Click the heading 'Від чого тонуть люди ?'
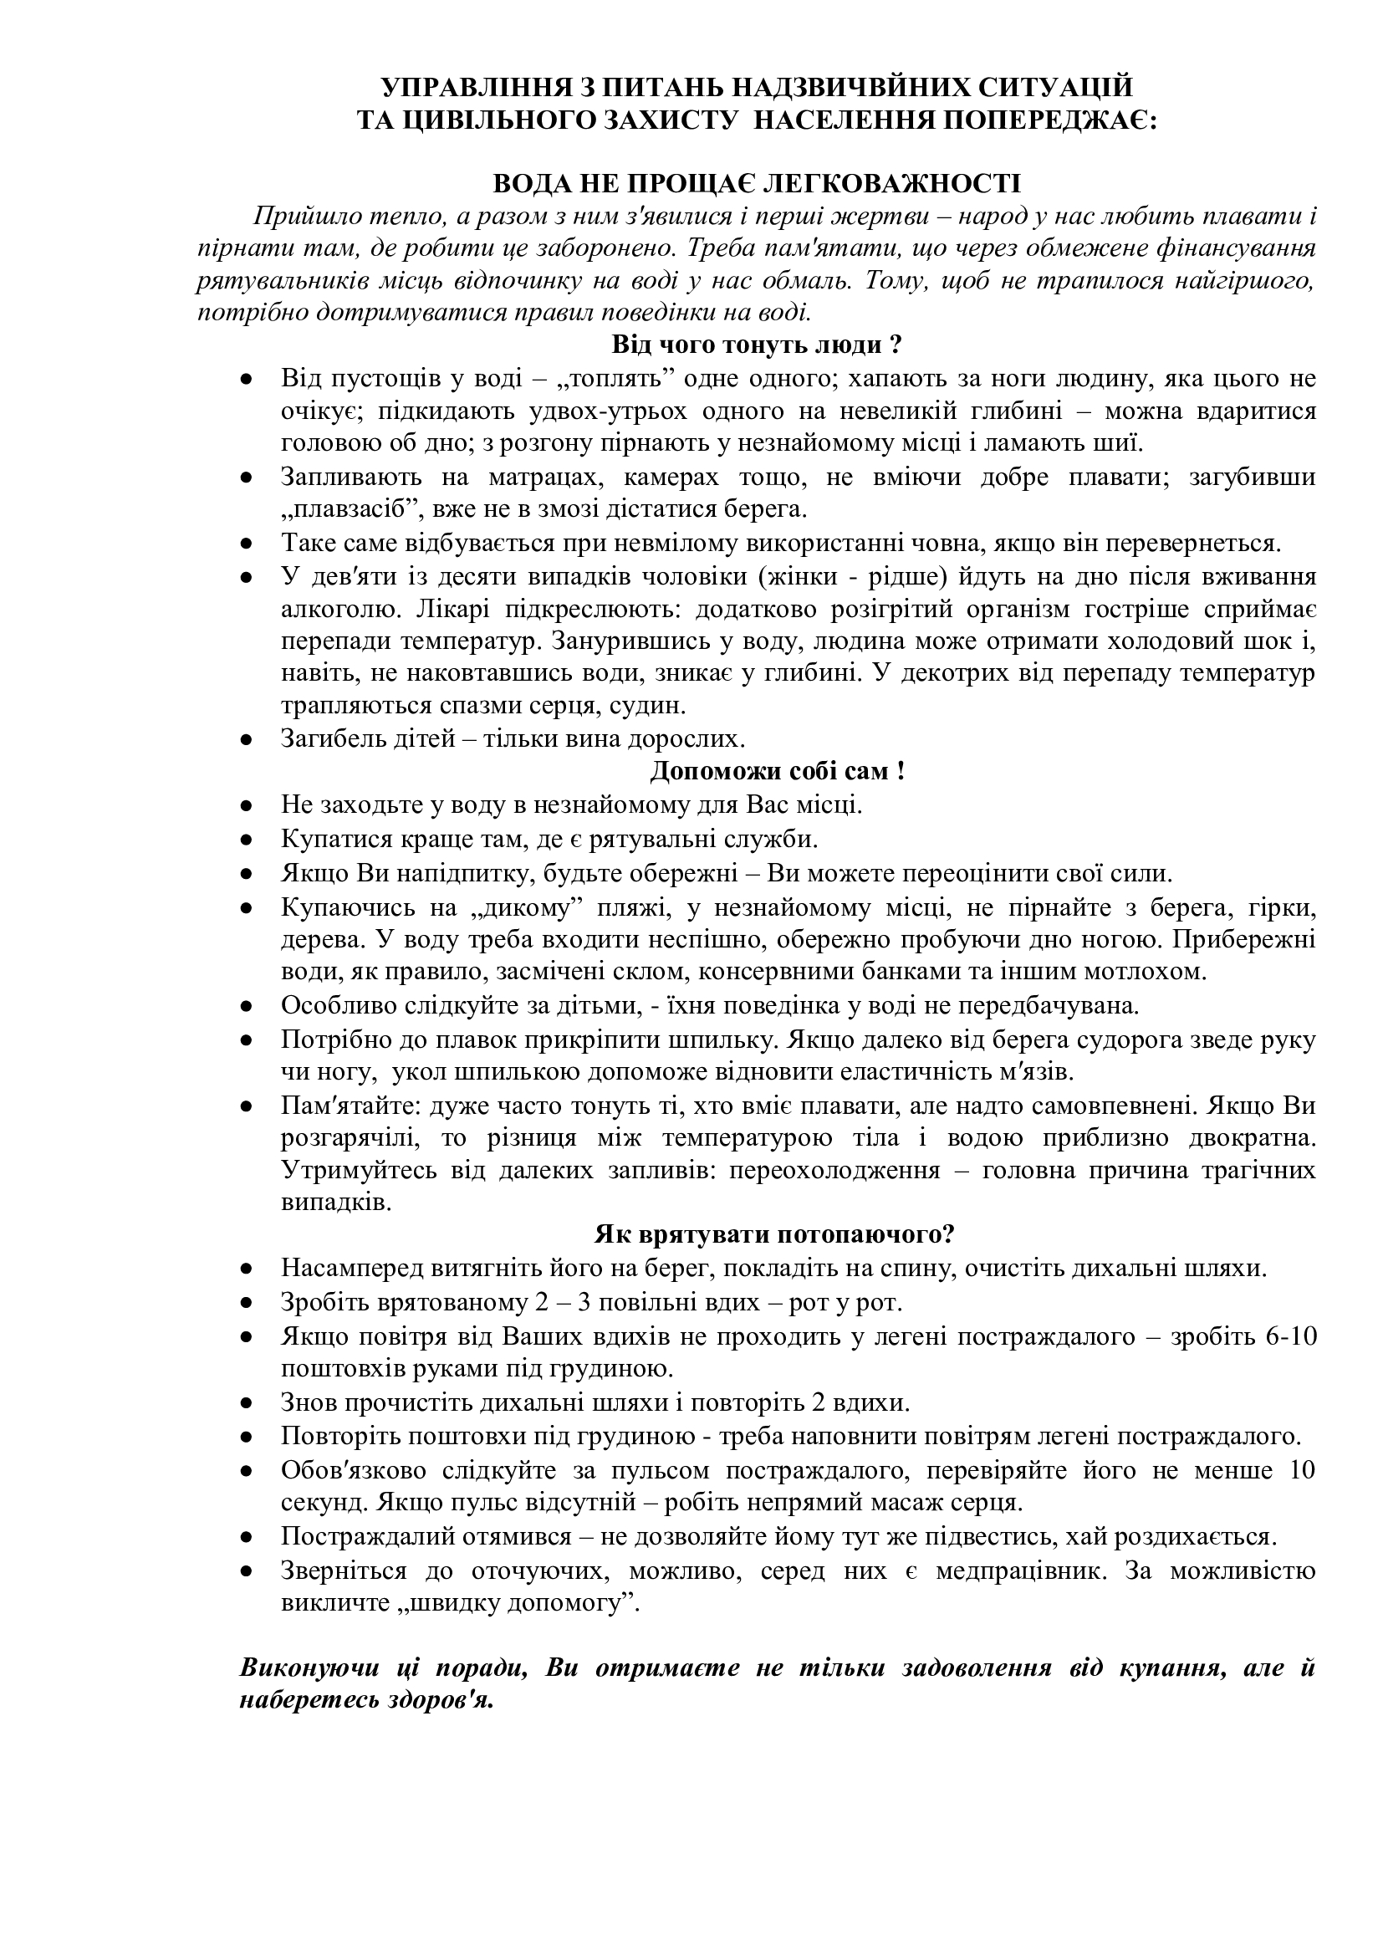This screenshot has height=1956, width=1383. [x=756, y=345]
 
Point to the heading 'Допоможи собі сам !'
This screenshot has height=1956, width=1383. [x=777, y=771]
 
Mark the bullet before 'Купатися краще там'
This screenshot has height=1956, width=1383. [x=247, y=840]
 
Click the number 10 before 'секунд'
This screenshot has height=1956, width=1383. [x=1302, y=1470]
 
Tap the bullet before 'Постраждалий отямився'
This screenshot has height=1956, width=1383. [x=247, y=1538]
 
